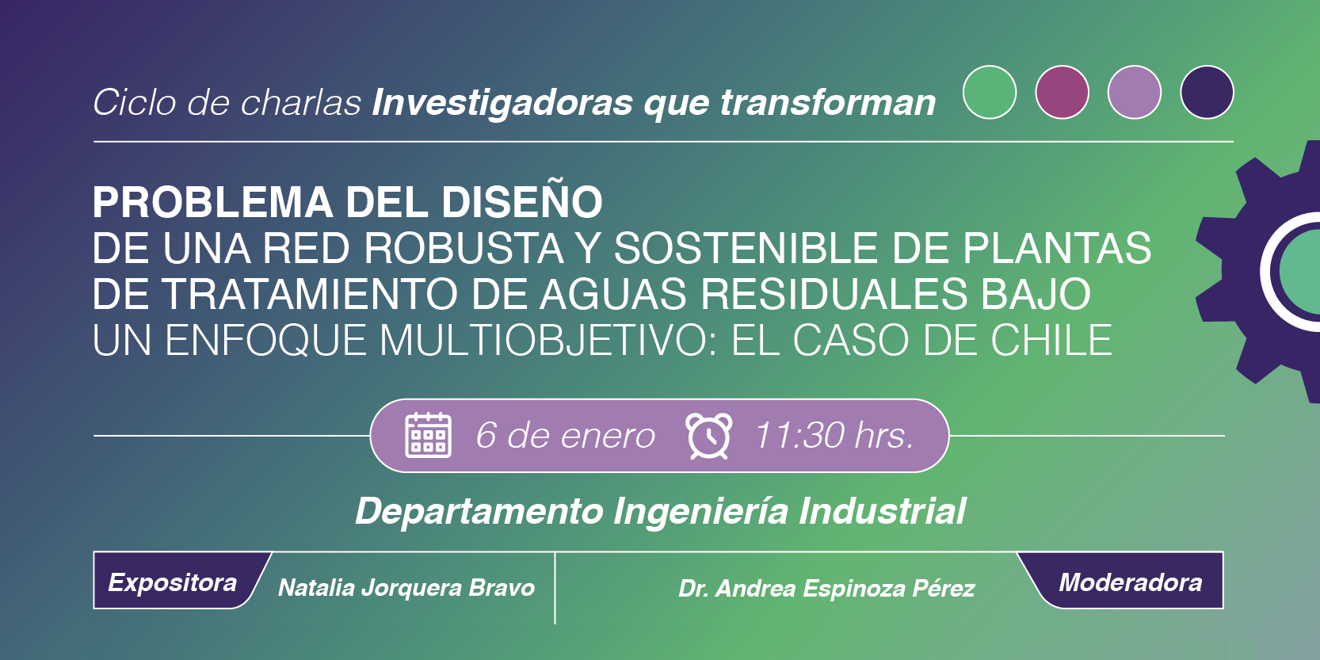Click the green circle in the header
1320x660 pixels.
[x=990, y=93]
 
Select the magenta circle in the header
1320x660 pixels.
[x=1062, y=93]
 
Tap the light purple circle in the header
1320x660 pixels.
[x=1135, y=93]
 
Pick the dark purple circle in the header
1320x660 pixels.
[x=1207, y=93]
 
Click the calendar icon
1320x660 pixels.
[x=429, y=435]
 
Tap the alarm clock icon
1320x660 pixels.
[x=708, y=435]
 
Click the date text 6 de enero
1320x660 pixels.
[x=565, y=436]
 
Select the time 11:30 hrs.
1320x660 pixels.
[x=834, y=436]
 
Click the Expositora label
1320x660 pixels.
[x=173, y=582]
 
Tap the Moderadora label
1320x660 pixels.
[x=1131, y=582]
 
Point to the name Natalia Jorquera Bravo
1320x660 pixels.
[x=406, y=588]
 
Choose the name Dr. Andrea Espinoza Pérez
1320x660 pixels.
[x=826, y=589]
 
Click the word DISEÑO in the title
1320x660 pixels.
[x=522, y=202]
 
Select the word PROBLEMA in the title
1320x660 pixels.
[x=212, y=202]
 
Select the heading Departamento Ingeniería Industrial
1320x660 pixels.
[x=660, y=511]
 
